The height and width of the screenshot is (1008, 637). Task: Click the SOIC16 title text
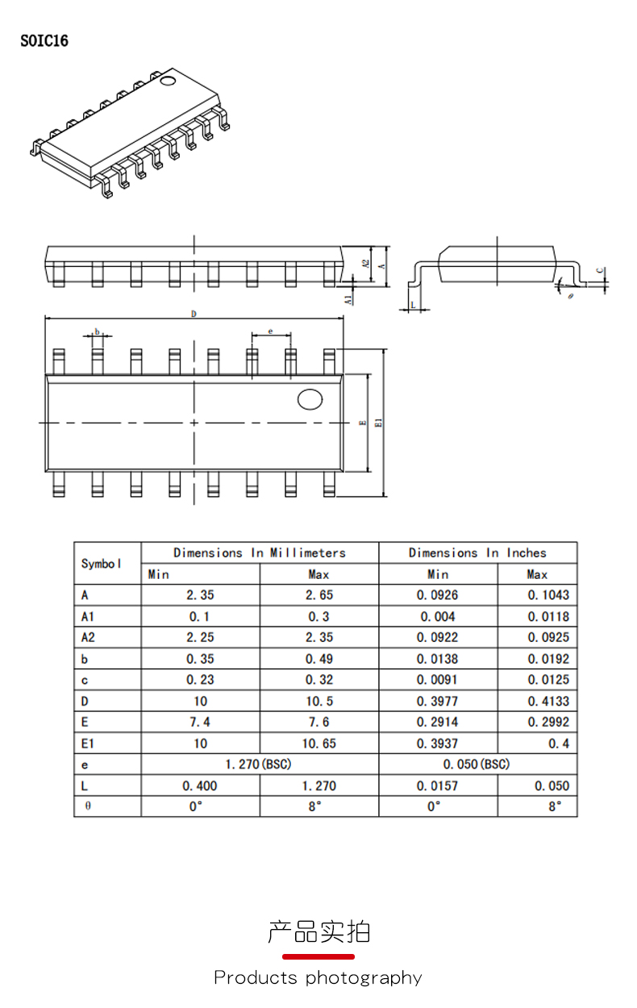(44, 41)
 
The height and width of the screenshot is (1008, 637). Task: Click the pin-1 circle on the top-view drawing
(310, 399)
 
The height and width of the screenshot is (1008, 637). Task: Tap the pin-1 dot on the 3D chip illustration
(168, 81)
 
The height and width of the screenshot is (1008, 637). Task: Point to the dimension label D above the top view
(194, 314)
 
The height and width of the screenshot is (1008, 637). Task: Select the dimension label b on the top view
(98, 331)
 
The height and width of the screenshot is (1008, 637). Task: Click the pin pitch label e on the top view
(271, 331)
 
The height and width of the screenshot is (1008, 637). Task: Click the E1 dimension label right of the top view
(378, 423)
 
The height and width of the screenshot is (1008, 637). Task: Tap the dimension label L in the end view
(413, 304)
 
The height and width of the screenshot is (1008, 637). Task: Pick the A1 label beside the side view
(348, 298)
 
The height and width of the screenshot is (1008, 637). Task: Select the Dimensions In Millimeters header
(260, 552)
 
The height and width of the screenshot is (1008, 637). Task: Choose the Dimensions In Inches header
(477, 552)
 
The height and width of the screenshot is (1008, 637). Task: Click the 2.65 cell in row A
(319, 595)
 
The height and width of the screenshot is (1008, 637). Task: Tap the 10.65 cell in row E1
(319, 744)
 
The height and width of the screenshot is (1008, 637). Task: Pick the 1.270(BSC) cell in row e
(259, 764)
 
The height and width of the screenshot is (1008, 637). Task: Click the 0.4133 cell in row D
(548, 701)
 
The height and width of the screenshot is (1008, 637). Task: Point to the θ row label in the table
(87, 806)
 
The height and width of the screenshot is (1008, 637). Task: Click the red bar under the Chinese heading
(318, 956)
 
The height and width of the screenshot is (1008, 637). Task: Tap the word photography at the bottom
(364, 978)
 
